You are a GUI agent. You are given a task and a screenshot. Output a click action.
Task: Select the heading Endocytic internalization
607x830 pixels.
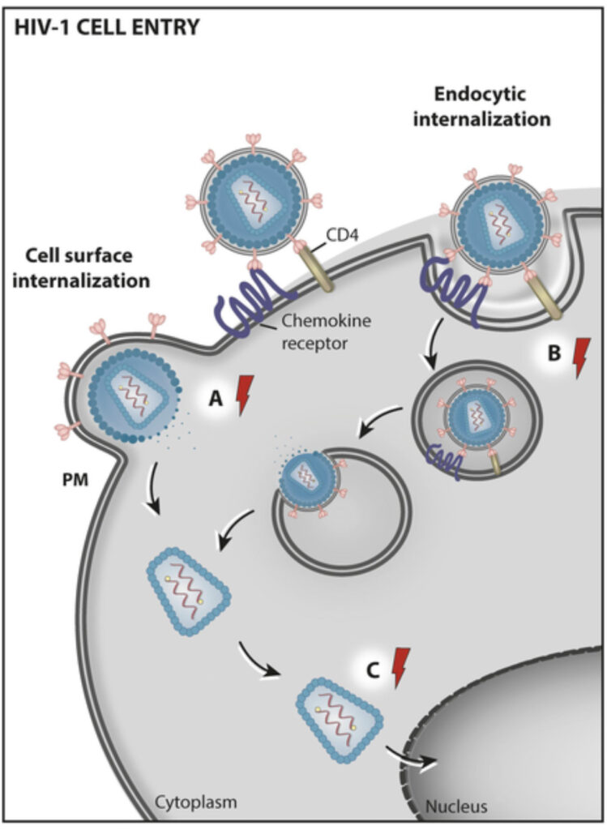tap(481, 106)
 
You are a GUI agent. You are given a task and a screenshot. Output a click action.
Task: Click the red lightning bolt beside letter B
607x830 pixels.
tap(581, 358)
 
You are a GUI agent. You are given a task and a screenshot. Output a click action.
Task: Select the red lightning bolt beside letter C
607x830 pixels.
tap(400, 666)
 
